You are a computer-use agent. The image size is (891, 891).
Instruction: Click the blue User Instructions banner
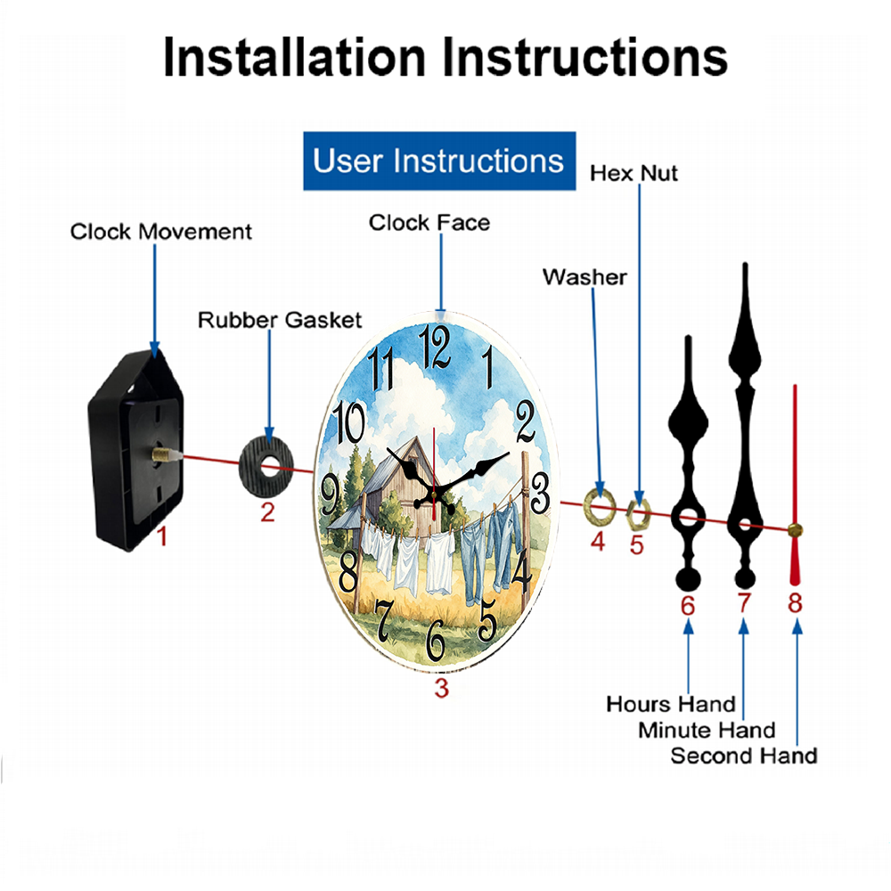pos(439,160)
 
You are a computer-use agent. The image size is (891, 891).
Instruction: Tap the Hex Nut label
pos(634,174)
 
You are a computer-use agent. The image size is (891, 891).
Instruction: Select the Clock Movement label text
pos(160,232)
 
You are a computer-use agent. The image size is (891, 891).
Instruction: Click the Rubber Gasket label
pos(280,320)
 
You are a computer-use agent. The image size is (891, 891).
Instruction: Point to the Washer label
pos(584,277)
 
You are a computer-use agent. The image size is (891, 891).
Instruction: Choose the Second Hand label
pos(744,756)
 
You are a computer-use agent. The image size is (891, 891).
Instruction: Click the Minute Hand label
pos(707,731)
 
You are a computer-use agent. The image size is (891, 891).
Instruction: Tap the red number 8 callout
pos(795,603)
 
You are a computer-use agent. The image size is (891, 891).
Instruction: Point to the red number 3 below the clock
pos(442,688)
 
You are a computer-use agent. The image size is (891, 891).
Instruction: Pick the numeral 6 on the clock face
pos(436,641)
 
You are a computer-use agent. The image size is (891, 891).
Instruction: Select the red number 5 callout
pos(636,545)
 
